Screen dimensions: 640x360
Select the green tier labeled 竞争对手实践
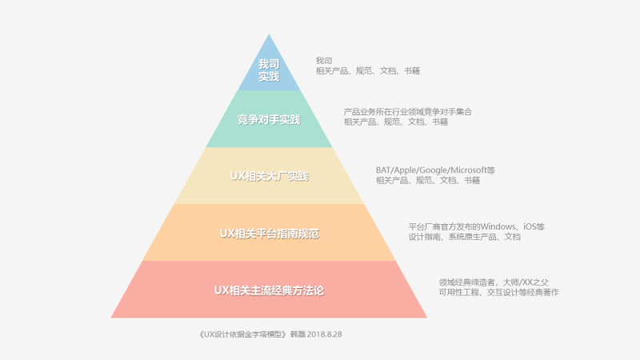coord(269,120)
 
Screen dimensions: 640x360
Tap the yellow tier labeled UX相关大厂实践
coord(269,176)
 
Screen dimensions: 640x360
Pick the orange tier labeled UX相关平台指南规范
coord(269,233)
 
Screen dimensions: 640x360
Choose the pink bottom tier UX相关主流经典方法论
coord(269,290)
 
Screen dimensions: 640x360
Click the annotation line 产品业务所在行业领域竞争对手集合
coord(407,112)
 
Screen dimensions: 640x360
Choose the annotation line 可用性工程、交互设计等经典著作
coord(498,293)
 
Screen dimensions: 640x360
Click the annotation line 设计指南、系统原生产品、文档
coord(464,238)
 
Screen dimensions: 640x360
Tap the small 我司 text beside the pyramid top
coord(323,61)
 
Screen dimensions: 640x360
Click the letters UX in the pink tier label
coord(222,290)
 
